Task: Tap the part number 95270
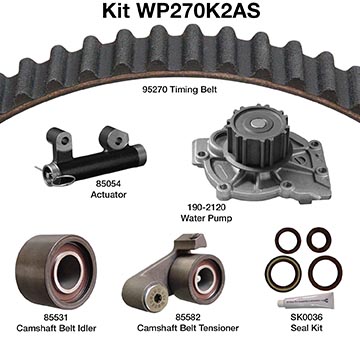point(155,89)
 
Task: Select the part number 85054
point(108,184)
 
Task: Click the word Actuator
point(109,195)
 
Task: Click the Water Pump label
point(206,218)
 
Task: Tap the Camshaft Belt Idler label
point(56,328)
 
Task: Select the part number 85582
point(188,317)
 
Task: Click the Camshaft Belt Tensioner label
point(188,328)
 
